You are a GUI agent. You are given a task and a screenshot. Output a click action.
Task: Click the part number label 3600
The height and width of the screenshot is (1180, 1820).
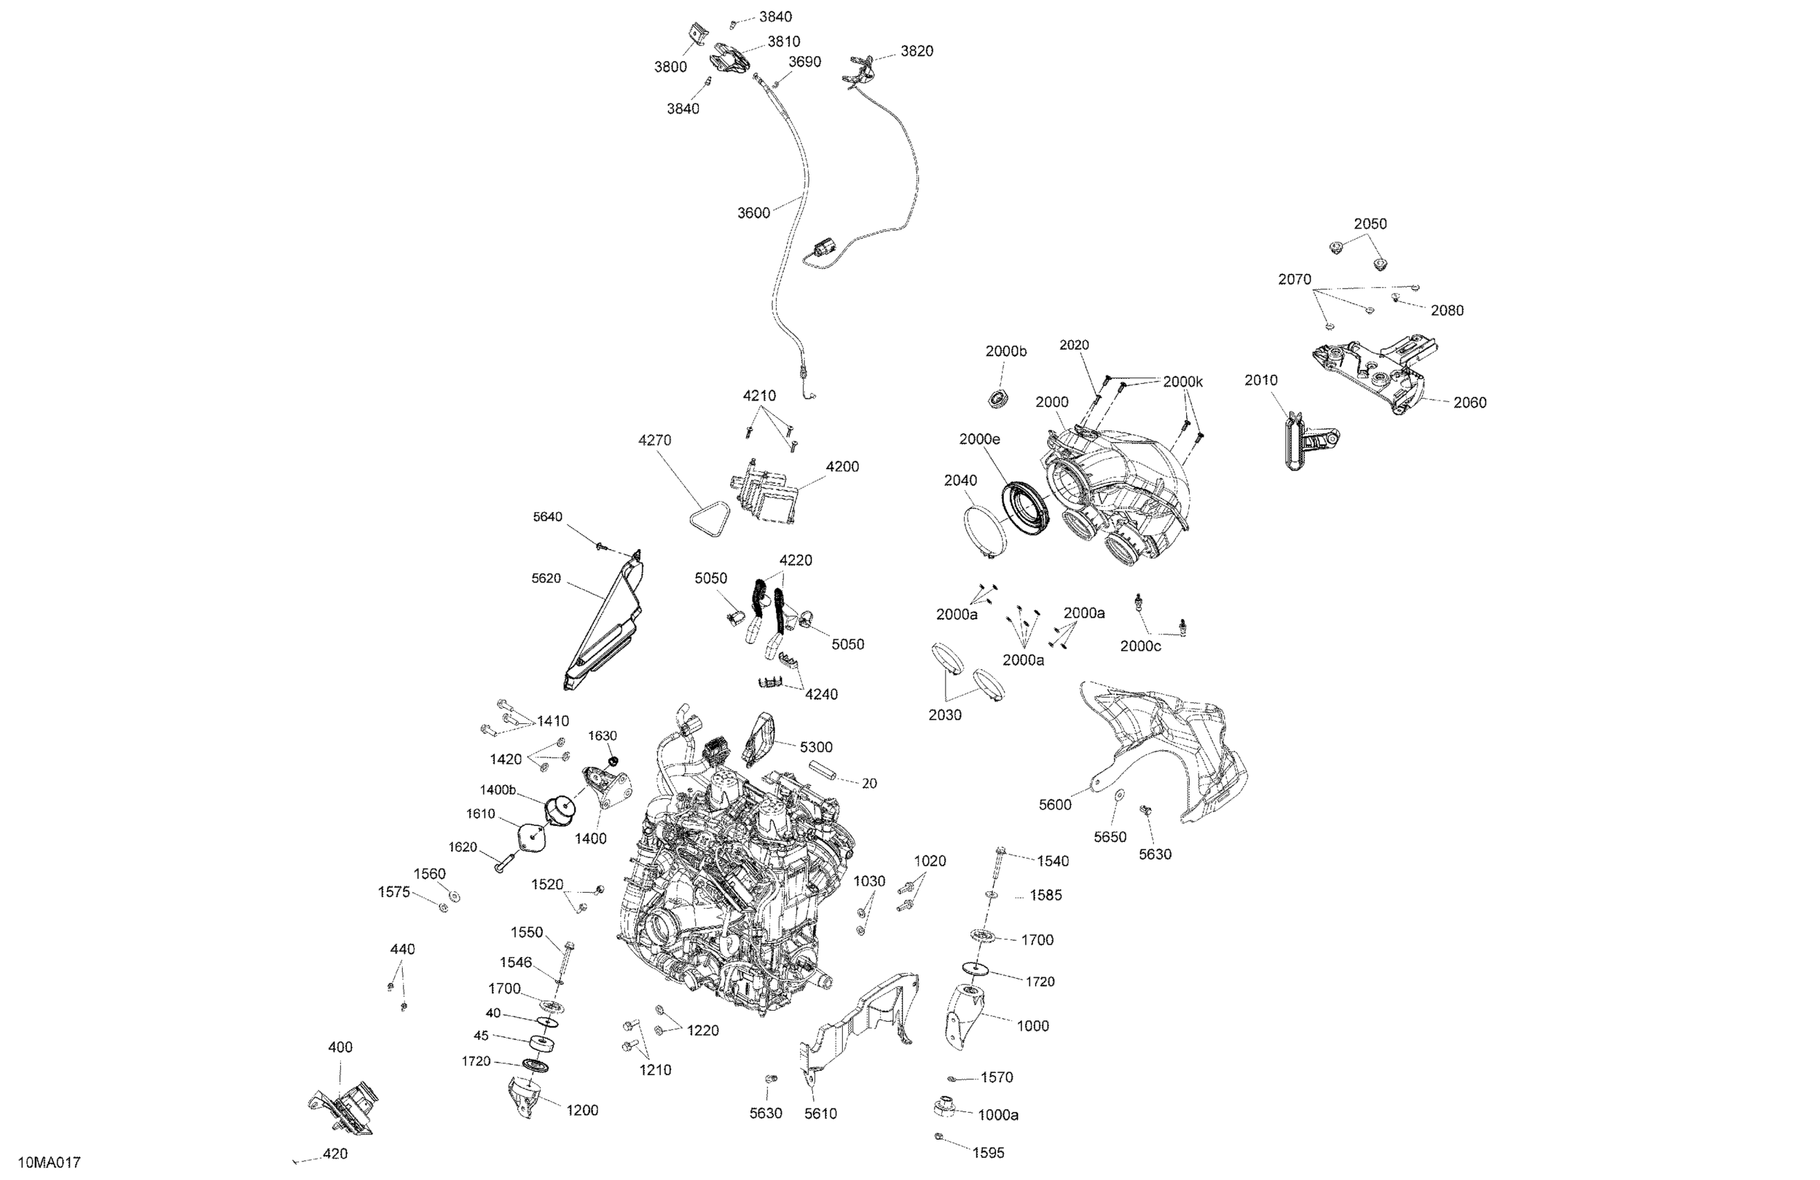pyautogui.click(x=752, y=213)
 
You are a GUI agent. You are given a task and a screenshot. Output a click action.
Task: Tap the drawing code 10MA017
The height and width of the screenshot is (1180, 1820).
pyautogui.click(x=49, y=1163)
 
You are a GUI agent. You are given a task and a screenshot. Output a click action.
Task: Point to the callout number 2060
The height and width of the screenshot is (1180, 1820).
pyautogui.click(x=1469, y=403)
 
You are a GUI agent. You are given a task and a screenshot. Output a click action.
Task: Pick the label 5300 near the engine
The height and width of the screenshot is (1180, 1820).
pyautogui.click(x=816, y=747)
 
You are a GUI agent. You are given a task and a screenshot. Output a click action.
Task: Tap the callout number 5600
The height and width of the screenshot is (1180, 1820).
pyautogui.click(x=1054, y=804)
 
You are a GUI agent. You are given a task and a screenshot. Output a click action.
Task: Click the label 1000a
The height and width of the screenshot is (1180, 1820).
pyautogui.click(x=998, y=1115)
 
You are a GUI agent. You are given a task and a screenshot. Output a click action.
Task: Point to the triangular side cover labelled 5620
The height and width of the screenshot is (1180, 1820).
pyautogui.click(x=604, y=623)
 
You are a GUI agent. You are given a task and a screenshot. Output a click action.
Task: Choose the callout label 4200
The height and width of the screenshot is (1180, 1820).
pyautogui.click(x=842, y=466)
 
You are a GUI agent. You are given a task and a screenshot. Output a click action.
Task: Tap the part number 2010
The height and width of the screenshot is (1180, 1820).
pyautogui.click(x=1261, y=381)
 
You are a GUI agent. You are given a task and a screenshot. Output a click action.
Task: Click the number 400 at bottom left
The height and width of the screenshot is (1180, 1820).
pyautogui.click(x=340, y=1047)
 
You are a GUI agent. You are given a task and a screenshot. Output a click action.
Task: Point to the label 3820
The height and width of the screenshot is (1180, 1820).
pyautogui.click(x=916, y=51)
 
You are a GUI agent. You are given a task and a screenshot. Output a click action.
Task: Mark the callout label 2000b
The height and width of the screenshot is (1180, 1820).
pyautogui.click(x=1006, y=352)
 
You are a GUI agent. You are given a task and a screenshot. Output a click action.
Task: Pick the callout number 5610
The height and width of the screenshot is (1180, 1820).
pyautogui.click(x=820, y=1114)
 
